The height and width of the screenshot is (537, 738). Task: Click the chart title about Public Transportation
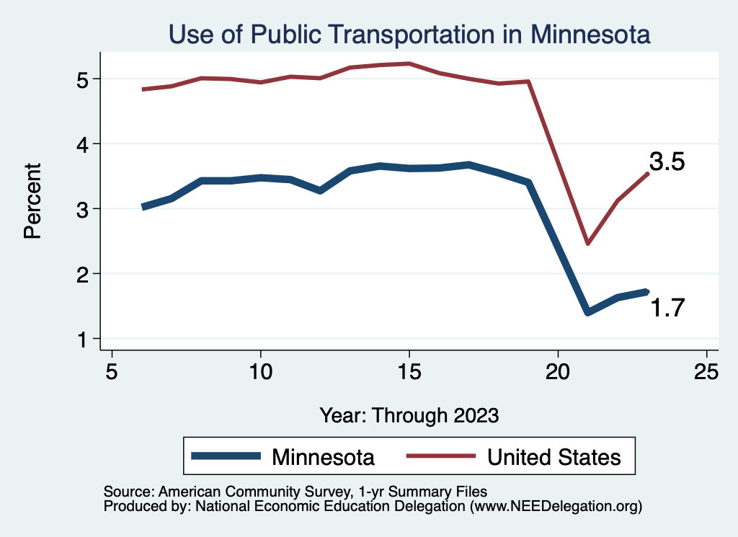[x=409, y=34]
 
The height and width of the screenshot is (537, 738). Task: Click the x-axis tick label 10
[x=260, y=371]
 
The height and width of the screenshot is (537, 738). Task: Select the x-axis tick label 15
[x=409, y=371]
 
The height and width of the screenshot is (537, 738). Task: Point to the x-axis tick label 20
[x=558, y=371]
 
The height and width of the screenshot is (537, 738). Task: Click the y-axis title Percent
[x=32, y=201]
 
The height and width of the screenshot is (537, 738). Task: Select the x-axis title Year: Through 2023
[x=409, y=416]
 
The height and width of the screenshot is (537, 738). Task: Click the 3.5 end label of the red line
[x=667, y=162]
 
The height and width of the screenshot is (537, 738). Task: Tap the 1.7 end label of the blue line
[x=667, y=309]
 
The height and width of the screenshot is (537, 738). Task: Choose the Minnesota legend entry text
[x=323, y=457]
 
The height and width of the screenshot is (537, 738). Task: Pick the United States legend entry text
[x=553, y=457]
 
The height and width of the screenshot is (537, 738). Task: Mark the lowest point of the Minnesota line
[x=588, y=312]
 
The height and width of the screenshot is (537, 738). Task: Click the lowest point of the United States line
[x=588, y=244]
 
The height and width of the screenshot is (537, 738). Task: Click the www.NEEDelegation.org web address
[x=555, y=507]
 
